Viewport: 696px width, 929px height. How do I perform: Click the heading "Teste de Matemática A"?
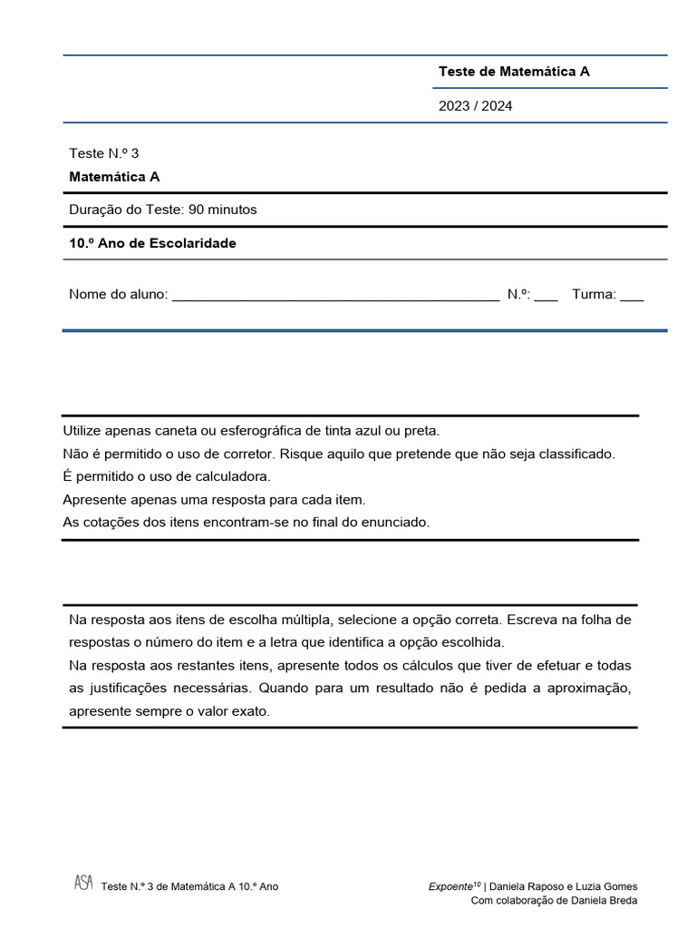(x=514, y=71)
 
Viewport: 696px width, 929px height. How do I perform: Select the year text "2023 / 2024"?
(x=475, y=106)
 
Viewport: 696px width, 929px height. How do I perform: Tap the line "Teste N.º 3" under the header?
(x=103, y=153)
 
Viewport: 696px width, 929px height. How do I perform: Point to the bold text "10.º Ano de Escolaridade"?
(x=152, y=243)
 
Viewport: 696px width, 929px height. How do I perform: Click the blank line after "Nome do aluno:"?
(x=334, y=296)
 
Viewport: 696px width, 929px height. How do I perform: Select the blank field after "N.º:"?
(x=546, y=296)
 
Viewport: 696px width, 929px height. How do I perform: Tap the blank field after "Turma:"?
(x=632, y=296)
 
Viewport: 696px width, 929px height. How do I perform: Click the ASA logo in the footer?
(x=83, y=883)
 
